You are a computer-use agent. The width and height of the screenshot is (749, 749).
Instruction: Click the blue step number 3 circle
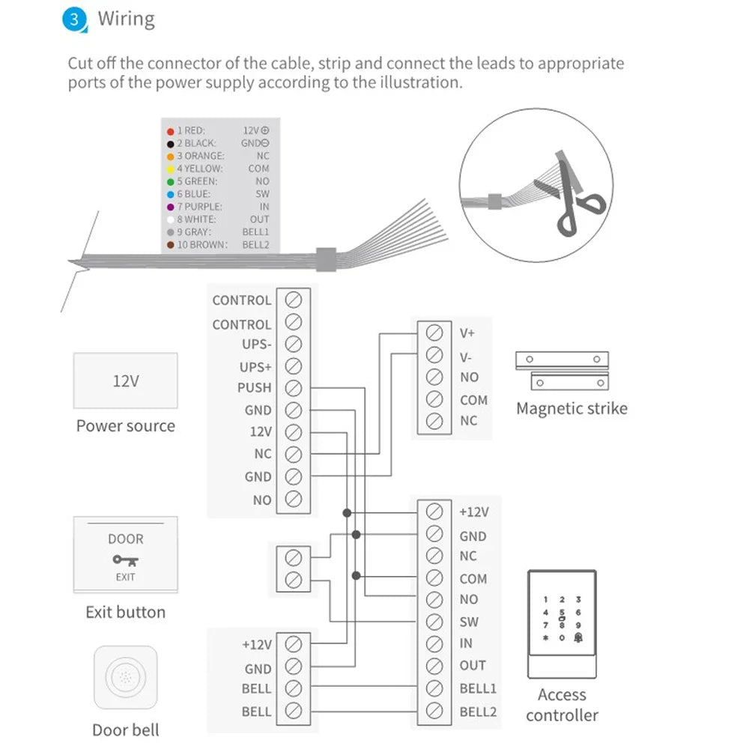click(x=73, y=19)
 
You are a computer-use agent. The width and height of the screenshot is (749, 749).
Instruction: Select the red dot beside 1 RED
click(x=171, y=130)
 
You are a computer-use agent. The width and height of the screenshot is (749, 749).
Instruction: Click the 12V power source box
click(x=125, y=380)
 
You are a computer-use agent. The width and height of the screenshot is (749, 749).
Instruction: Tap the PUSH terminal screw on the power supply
click(x=294, y=388)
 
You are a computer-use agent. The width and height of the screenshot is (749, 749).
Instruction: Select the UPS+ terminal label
click(x=256, y=367)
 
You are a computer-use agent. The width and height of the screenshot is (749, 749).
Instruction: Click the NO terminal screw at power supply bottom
click(x=294, y=499)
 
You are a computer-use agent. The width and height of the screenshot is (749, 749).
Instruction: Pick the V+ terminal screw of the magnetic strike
click(x=433, y=332)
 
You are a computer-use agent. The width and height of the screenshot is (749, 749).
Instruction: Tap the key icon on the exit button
click(x=125, y=559)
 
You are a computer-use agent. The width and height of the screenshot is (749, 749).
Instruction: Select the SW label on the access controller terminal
click(x=469, y=622)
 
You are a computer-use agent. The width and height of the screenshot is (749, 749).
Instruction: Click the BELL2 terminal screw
click(x=433, y=710)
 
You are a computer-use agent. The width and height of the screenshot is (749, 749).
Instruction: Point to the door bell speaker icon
click(x=125, y=679)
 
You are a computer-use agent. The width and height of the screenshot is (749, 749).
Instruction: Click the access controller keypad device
click(x=562, y=622)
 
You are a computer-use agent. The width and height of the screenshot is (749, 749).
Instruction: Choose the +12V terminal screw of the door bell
click(x=294, y=644)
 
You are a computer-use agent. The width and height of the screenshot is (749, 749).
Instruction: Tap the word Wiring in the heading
click(x=126, y=19)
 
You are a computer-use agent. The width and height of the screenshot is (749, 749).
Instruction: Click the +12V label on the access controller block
click(x=473, y=512)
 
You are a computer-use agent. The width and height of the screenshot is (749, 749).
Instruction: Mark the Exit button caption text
click(x=125, y=612)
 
